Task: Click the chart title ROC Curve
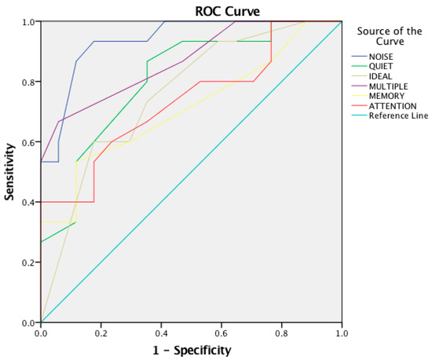point(228,11)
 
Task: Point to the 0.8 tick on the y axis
point(28,82)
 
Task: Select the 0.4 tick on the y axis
point(28,202)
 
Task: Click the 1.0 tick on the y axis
point(28,22)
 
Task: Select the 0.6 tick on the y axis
point(28,142)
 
